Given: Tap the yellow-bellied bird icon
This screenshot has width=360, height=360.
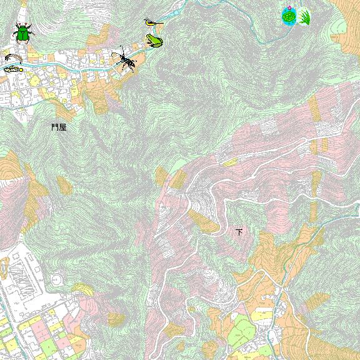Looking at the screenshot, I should click(152, 23).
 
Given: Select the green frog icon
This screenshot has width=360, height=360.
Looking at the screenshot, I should click(154, 41).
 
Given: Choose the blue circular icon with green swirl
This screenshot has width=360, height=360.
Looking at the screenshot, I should click(289, 16).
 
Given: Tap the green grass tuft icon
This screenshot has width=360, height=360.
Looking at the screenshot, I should click(304, 17).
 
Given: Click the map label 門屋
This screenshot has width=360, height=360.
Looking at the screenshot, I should click(59, 127).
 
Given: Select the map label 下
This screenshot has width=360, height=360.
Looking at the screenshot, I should click(239, 232).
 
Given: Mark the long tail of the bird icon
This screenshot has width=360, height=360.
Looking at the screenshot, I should click(159, 24).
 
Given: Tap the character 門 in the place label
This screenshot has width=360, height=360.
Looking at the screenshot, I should click(55, 127).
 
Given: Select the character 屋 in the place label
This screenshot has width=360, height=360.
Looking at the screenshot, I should click(62, 127).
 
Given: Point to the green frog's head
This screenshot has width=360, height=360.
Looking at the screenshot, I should click(150, 39).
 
